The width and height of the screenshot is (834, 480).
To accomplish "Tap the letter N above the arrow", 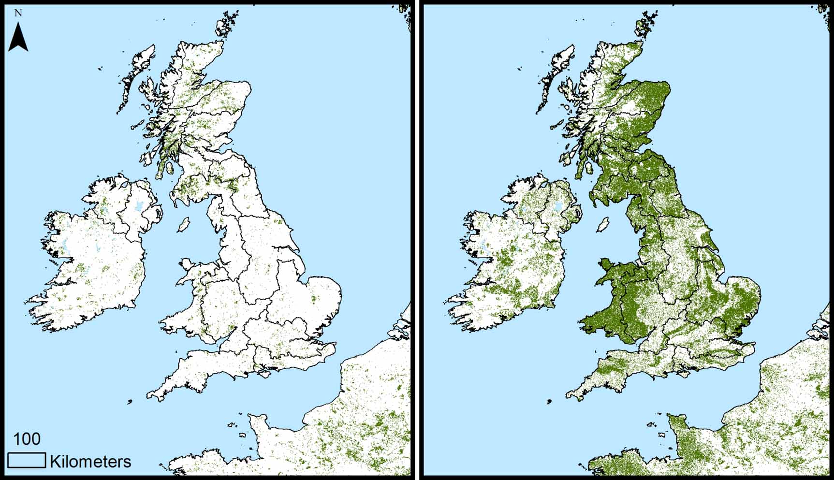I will (18, 13).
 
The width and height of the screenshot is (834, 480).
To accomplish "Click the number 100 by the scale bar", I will (27, 439).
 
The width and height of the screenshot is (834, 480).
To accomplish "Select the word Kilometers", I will (90, 462).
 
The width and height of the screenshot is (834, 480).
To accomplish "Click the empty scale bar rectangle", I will (27, 460).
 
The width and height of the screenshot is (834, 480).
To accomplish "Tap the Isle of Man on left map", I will (183, 225).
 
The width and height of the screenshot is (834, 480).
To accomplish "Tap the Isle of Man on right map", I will (602, 225).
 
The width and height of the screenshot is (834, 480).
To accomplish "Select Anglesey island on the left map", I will (187, 265).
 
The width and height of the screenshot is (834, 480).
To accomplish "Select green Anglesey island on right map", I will (606, 265).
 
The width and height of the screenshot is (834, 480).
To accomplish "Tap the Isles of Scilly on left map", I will (130, 402).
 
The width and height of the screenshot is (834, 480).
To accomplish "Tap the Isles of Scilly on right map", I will (549, 402).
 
